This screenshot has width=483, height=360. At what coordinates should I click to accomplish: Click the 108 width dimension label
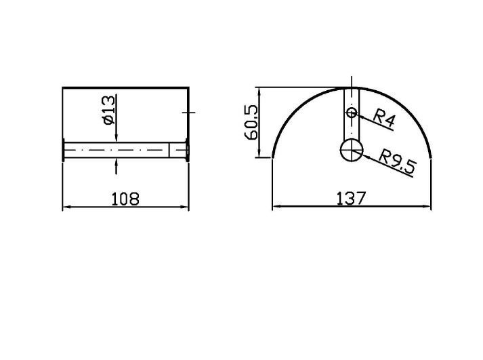125,199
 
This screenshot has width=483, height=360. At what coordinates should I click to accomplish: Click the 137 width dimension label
351,198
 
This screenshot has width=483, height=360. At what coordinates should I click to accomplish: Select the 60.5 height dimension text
251,122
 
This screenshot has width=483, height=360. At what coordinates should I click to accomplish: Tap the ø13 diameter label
109,110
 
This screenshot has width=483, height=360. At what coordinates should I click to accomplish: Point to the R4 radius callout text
384,118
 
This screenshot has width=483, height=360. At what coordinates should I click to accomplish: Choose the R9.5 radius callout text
398,161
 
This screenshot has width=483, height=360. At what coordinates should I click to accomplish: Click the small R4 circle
352,113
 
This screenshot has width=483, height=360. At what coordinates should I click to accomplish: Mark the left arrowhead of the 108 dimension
67,207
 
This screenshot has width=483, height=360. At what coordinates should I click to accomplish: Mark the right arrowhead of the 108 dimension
184,207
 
